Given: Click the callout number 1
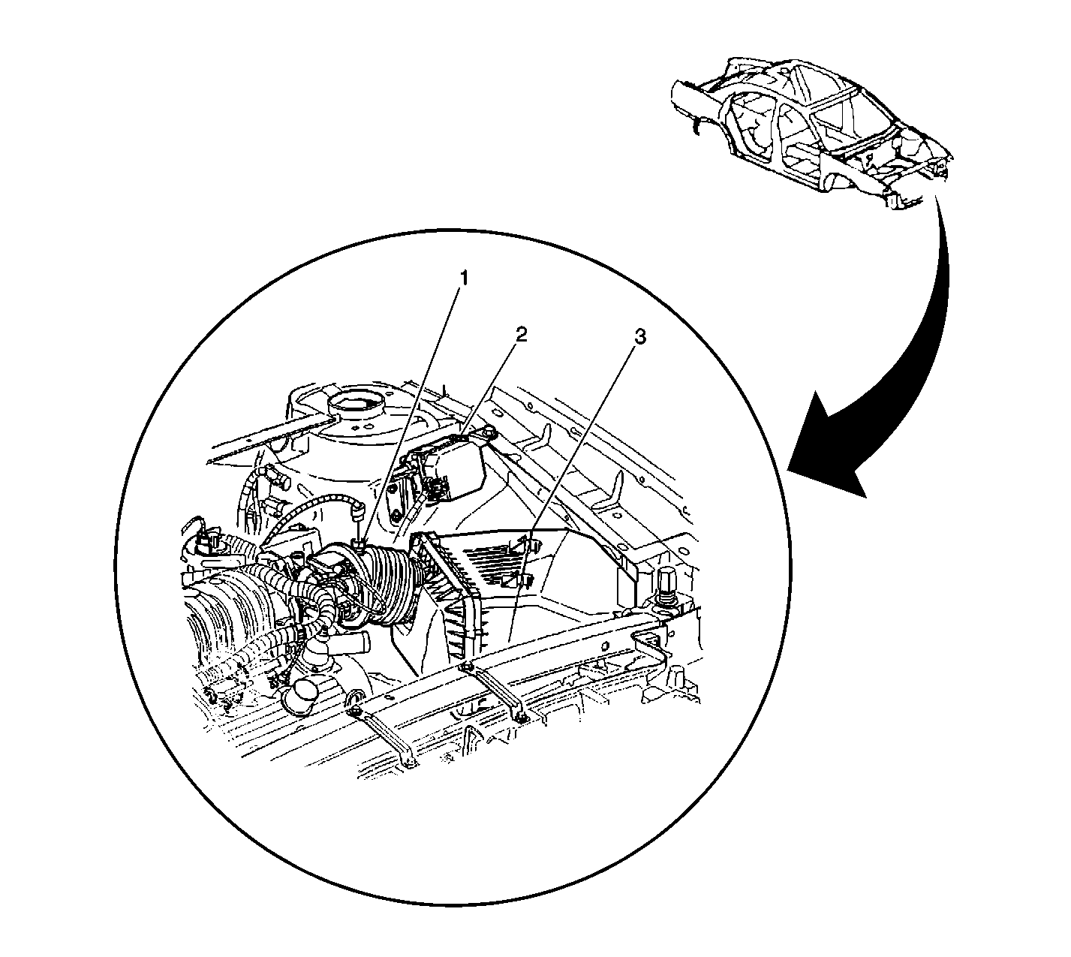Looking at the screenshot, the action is [x=463, y=278].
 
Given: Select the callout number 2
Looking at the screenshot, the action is [x=521, y=335].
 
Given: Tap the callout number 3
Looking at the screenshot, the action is [x=640, y=337].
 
